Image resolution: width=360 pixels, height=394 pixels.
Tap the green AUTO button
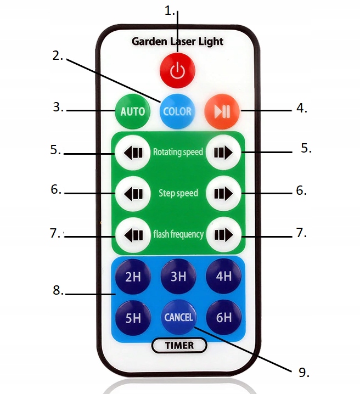pos(132,111)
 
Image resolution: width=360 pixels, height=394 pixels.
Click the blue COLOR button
pos(178,111)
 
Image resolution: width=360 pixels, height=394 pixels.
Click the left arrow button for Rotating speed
pos(132,152)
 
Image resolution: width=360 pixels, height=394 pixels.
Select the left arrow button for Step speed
pos(132,193)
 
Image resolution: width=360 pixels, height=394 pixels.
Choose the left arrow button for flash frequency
pos(132,234)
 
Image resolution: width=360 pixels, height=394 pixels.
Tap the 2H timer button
pos(133,276)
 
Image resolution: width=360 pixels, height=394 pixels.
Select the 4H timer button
pos(224,276)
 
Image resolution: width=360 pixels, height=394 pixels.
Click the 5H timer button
pos(133,318)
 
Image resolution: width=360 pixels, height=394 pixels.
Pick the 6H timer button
pos(224,318)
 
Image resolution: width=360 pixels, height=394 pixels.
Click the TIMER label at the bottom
pos(179,345)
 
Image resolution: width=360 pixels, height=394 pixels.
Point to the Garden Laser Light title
pos(178,42)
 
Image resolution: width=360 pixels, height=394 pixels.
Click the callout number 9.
pos(303,372)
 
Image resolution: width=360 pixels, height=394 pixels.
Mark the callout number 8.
pos(58,291)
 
